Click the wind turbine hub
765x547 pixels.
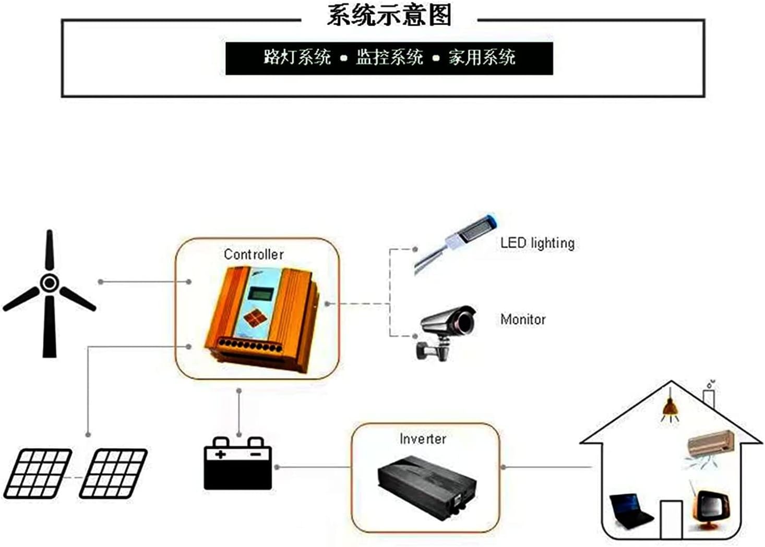50,283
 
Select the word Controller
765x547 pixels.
254,254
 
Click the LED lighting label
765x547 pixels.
537,243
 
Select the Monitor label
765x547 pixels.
523,319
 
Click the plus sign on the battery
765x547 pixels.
220,454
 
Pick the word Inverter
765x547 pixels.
423,439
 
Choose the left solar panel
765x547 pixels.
38,473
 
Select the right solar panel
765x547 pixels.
113,473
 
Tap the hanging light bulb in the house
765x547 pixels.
671,409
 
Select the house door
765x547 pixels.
671,519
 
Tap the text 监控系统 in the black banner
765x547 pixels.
389,57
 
